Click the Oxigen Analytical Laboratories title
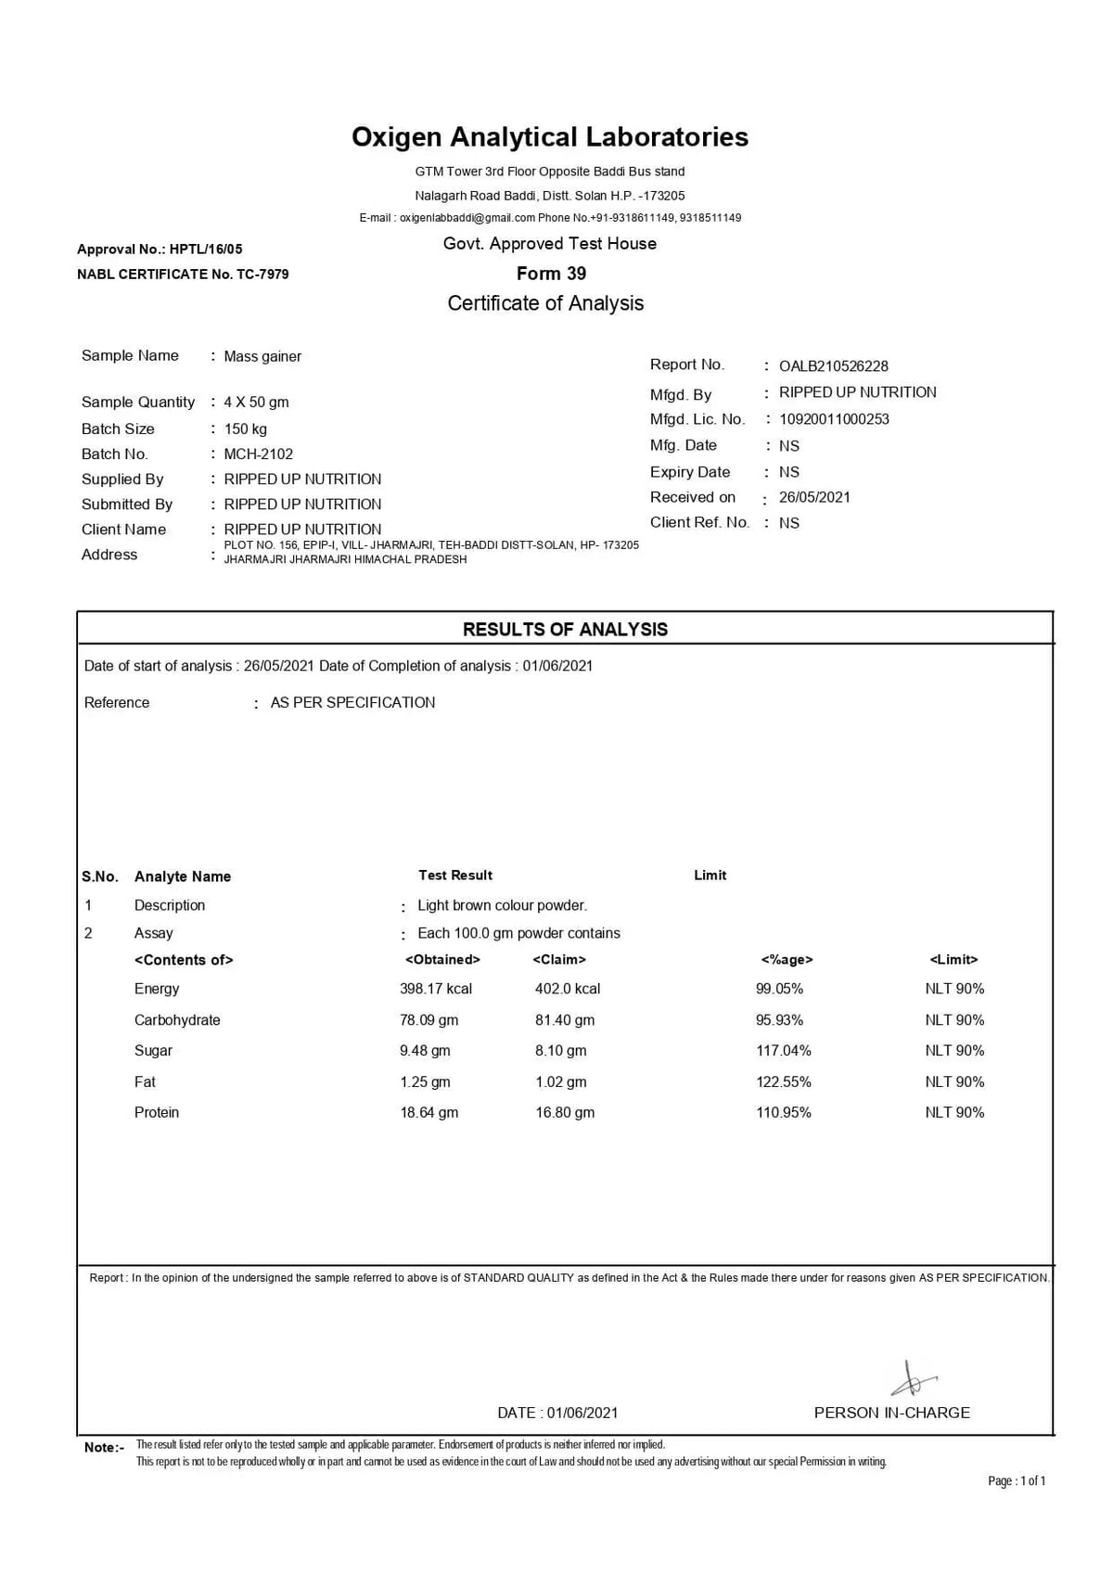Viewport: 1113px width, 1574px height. click(x=549, y=137)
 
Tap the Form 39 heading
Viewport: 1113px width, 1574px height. click(x=551, y=274)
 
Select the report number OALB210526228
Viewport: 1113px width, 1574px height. click(x=833, y=366)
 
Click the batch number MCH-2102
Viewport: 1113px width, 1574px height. click(x=258, y=454)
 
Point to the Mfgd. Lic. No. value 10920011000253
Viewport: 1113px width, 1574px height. click(x=833, y=419)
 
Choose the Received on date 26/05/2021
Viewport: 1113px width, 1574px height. click(x=814, y=497)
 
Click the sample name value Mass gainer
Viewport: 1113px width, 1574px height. click(x=262, y=357)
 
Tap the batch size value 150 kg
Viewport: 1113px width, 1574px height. click(x=245, y=429)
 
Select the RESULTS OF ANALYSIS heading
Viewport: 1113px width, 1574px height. click(x=565, y=630)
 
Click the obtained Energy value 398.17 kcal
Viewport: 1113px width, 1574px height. click(x=435, y=989)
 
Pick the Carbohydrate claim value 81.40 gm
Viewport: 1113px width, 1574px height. click(x=564, y=1020)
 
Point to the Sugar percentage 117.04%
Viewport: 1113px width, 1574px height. click(x=783, y=1051)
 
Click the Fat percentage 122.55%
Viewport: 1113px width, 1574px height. click(x=783, y=1082)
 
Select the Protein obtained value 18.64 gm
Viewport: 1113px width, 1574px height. click(x=429, y=1113)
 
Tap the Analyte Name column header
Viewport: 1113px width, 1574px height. click(x=182, y=877)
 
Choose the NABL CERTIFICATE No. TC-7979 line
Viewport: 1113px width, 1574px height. click(x=183, y=275)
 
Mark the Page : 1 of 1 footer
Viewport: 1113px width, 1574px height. click(x=1017, y=1481)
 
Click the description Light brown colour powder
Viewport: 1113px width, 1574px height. click(x=502, y=905)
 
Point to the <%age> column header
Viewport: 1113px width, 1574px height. click(x=787, y=960)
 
